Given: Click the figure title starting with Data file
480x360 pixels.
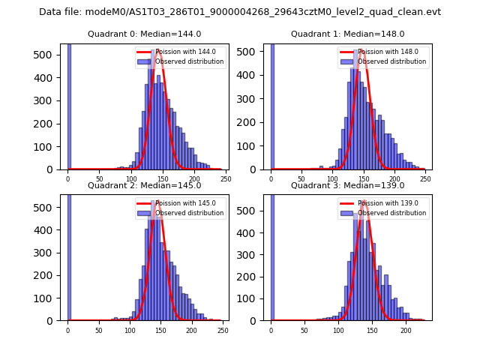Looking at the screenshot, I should (x=240, y=12).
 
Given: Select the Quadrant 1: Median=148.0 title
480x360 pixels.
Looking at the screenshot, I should (x=347, y=34).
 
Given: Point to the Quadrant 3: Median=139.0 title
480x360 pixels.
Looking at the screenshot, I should (x=347, y=185).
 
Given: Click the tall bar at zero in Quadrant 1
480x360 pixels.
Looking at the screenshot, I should (x=271, y=105).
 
